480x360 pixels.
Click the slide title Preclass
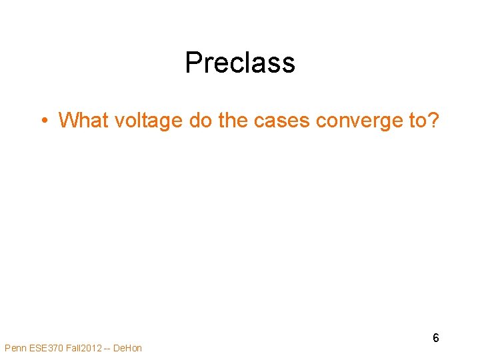240,63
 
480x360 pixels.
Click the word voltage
139,121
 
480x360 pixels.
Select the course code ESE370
45,348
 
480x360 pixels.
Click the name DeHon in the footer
129,348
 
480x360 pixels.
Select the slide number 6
436,338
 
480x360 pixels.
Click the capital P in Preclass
193,63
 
